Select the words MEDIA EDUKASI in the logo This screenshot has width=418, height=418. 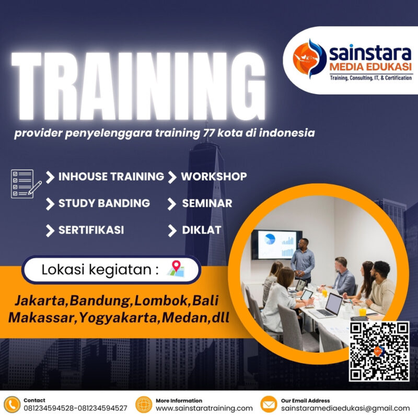pyautogui.click(x=370, y=67)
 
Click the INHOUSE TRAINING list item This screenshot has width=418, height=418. pyautogui.click(x=111, y=177)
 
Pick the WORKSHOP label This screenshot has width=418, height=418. pyautogui.click(x=214, y=177)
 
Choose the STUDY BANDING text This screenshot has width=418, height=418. pyautogui.click(x=104, y=203)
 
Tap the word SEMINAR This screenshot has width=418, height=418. pyautogui.click(x=207, y=203)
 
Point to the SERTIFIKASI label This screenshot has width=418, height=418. pyautogui.click(x=91, y=230)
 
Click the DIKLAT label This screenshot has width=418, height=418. pyautogui.click(x=201, y=230)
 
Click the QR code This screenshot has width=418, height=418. pyautogui.click(x=379, y=351)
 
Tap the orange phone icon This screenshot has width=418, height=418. pyautogui.click(x=11, y=404)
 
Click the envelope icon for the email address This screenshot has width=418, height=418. pyautogui.click(x=269, y=404)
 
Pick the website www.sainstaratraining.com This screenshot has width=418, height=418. pyautogui.click(x=204, y=408)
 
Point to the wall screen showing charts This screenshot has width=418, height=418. pyautogui.click(x=276, y=244)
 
